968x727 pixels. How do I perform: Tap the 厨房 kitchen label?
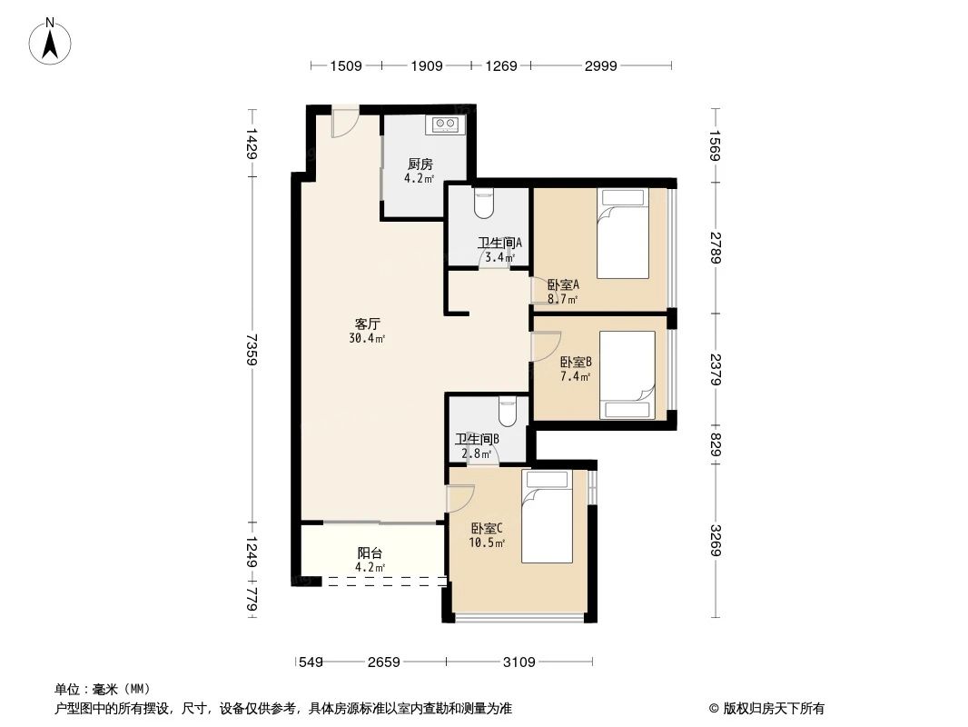[x=420, y=164]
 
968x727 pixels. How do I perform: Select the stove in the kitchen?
[x=445, y=124]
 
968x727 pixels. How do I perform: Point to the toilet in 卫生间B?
[x=509, y=413]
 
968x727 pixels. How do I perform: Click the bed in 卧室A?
[x=623, y=234]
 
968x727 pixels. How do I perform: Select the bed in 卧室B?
[x=627, y=374]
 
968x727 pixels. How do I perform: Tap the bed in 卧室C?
[x=548, y=517]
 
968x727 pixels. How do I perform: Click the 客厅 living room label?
[x=367, y=324]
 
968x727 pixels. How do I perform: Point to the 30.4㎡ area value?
[x=367, y=339]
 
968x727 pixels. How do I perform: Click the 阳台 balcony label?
[x=369, y=553]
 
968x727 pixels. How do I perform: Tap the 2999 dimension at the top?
[x=601, y=65]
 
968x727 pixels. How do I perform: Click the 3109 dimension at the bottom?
[x=519, y=662]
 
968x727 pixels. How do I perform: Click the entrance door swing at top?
[x=345, y=124]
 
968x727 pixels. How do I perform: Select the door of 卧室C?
[x=461, y=499]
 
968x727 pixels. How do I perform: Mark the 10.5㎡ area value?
[x=487, y=543]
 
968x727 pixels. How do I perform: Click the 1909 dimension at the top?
[x=427, y=65]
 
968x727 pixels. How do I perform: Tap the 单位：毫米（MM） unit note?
[x=102, y=689]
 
